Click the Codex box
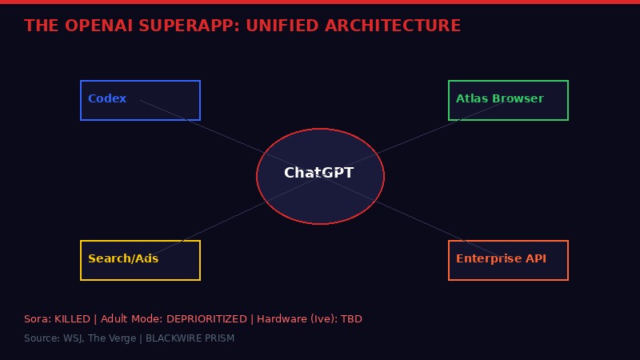(x=140, y=100)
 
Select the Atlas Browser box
(x=508, y=100)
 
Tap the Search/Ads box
(x=140, y=260)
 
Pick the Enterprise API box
(x=508, y=260)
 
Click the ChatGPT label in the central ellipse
(x=318, y=173)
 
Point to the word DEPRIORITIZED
(x=206, y=319)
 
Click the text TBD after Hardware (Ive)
(x=352, y=319)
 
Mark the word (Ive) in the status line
(x=323, y=319)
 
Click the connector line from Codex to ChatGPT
(x=216, y=132)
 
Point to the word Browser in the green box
(x=518, y=99)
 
